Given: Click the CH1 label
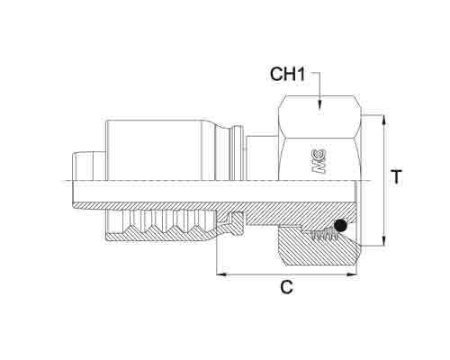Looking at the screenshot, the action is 287,74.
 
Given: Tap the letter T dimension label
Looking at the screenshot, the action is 397,176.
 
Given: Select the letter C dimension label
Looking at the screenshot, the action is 287,287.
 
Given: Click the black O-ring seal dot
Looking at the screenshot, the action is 339,226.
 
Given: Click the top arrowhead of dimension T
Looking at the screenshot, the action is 384,121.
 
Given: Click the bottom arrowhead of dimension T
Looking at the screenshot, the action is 384,240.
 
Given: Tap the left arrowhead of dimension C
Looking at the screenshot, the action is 222,274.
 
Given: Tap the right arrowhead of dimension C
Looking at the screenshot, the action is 352,274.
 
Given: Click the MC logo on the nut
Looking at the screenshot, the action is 319,161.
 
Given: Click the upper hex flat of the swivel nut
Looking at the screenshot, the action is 319,117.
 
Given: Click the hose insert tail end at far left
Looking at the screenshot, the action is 89,166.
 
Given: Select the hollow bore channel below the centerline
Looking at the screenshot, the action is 214,192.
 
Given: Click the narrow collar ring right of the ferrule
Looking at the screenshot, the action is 237,153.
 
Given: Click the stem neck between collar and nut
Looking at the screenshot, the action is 262,158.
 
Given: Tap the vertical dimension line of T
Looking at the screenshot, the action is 384,181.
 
